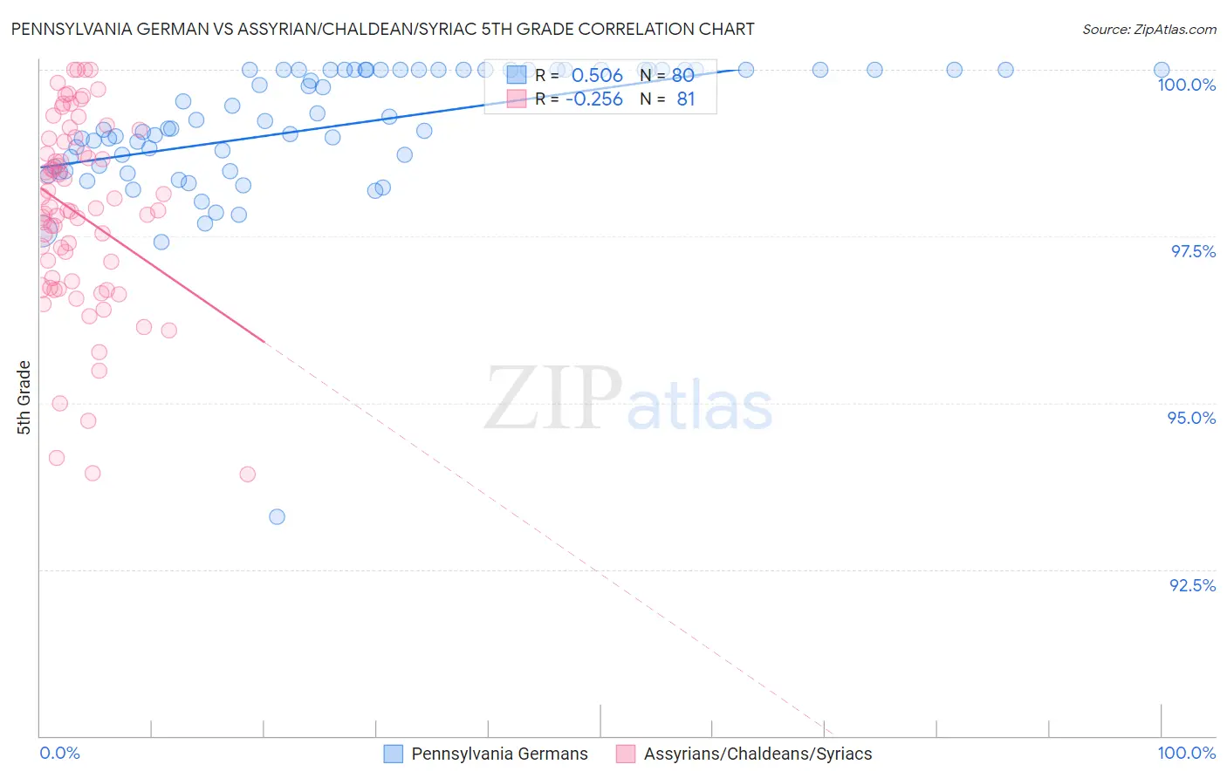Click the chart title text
(x=382, y=29)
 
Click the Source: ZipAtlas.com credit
(x=1148, y=29)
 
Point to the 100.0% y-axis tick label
(x=1186, y=85)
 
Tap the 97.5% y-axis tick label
(x=1192, y=251)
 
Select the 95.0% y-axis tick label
(x=1191, y=418)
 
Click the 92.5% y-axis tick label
(x=1192, y=585)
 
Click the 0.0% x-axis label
(x=59, y=753)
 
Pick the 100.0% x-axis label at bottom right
(x=1186, y=753)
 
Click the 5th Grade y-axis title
(x=24, y=398)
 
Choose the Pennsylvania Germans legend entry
(x=499, y=754)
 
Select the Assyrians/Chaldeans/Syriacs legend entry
(x=757, y=754)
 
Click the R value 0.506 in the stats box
(x=597, y=76)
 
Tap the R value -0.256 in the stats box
(x=593, y=99)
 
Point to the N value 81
(x=686, y=99)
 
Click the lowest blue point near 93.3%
(x=277, y=516)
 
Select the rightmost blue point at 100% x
(x=1161, y=70)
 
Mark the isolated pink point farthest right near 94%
(x=247, y=474)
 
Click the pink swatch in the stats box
(x=517, y=99)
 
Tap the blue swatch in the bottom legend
(x=394, y=754)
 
